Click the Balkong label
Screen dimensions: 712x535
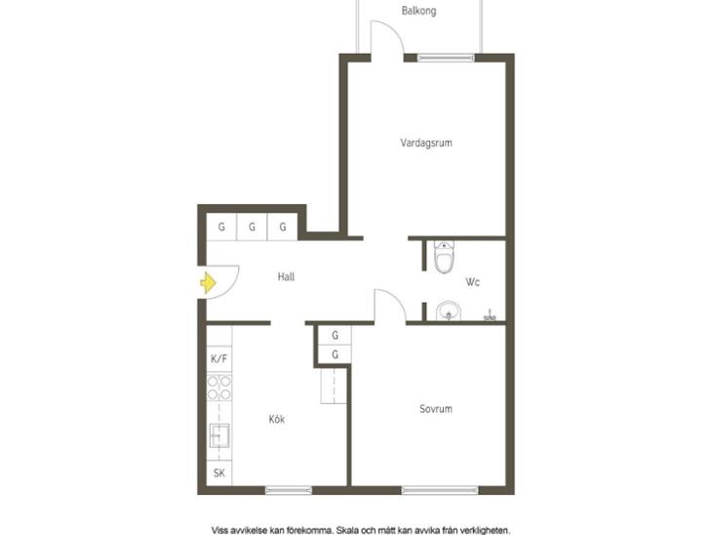[418, 11]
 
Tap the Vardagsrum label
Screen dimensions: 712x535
[426, 143]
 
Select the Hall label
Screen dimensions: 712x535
[286, 276]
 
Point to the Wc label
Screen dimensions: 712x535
[472, 282]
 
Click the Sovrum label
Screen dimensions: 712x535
[435, 409]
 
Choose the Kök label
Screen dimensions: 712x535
[277, 419]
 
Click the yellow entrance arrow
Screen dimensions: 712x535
[208, 283]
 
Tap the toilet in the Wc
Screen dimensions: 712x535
[444, 257]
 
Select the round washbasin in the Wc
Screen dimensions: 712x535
[449, 311]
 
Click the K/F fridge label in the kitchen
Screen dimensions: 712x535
[218, 358]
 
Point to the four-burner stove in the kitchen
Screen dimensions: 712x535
[219, 388]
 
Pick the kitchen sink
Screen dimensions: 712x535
[219, 435]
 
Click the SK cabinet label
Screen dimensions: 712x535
[218, 473]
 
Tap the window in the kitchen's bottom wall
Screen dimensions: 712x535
[289, 490]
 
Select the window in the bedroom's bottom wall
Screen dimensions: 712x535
[440, 490]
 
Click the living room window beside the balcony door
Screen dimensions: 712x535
[446, 58]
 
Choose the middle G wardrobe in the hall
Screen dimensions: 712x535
[252, 226]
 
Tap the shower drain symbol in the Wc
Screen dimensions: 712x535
[490, 316]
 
